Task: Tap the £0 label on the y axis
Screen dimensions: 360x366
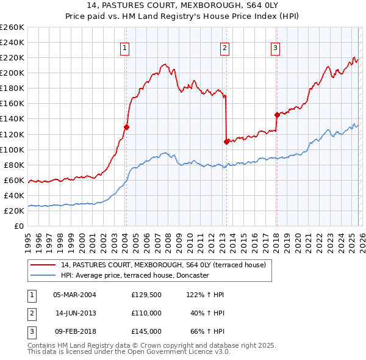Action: tap(18, 226)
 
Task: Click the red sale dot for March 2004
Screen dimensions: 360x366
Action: tap(126, 127)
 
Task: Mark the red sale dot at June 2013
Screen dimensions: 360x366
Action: tap(226, 142)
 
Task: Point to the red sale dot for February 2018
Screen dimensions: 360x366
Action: tap(276, 115)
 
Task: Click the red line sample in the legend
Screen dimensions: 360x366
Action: tap(43, 265)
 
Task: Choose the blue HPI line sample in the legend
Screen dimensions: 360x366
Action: tap(43, 276)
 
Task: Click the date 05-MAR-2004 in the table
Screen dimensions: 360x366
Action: tap(74, 295)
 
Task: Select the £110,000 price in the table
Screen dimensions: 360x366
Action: tap(146, 313)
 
